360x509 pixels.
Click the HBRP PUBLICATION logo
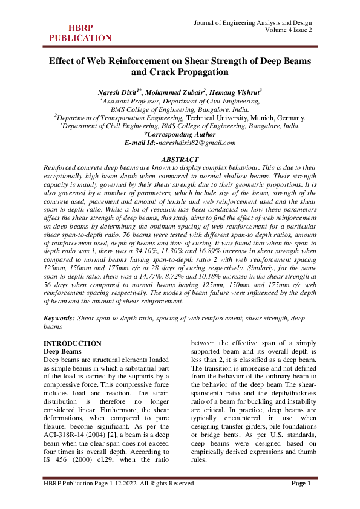tap(71, 33)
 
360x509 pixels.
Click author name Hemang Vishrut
tap(236, 92)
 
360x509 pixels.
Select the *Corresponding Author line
tap(180, 134)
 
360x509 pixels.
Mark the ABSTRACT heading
tap(180, 159)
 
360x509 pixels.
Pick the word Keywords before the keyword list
tap(60, 317)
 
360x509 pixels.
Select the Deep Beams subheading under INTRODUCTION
tap(64, 351)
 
